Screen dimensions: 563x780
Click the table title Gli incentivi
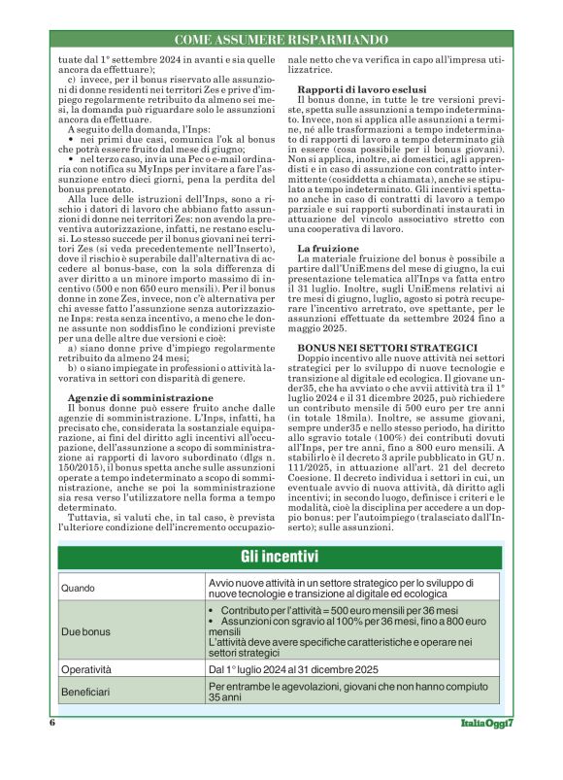coord(281,557)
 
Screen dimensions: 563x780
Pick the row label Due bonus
coord(84,630)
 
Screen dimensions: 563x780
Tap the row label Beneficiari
coord(87,692)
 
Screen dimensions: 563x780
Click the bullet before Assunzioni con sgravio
coord(212,620)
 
